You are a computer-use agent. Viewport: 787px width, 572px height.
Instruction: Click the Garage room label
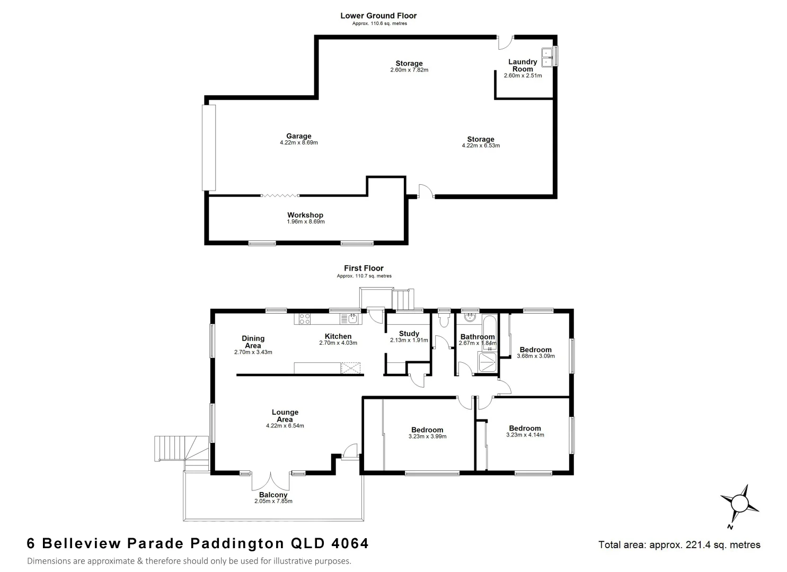[x=298, y=137]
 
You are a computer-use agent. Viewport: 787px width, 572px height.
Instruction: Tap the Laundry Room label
[x=523, y=66]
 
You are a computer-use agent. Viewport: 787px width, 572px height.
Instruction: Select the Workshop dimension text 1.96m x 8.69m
[x=305, y=221]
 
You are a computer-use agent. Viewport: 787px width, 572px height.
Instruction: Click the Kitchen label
[x=338, y=336]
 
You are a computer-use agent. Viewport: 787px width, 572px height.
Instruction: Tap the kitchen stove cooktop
[x=304, y=319]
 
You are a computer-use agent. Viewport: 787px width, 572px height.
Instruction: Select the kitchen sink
[x=352, y=319]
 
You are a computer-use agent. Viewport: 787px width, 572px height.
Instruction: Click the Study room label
[x=409, y=334]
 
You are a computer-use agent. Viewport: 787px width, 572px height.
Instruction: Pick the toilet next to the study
[x=444, y=319]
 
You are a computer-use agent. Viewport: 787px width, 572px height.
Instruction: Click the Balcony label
[x=273, y=495]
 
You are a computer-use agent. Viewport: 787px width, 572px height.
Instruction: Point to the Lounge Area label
[x=285, y=416]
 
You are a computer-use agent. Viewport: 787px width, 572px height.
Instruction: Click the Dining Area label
[x=253, y=342]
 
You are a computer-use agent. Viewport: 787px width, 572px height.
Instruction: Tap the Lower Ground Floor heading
[x=378, y=16]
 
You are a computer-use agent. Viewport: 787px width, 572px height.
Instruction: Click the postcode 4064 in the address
[x=349, y=543]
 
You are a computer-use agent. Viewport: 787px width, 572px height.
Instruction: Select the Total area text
[x=679, y=544]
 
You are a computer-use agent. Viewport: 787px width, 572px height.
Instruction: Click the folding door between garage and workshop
[x=280, y=196]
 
